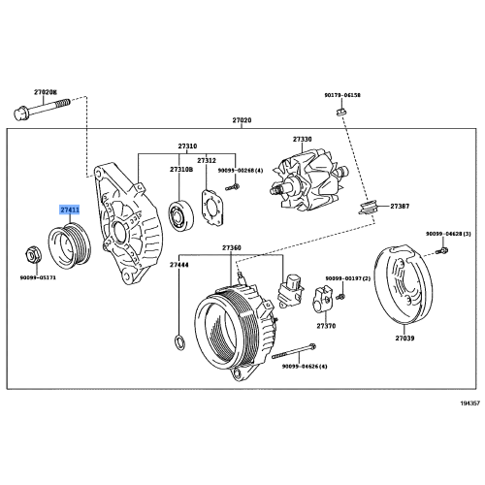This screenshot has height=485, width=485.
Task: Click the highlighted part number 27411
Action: click(70, 210)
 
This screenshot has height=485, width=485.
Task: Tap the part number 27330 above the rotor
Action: click(301, 139)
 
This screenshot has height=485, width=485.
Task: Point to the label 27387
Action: click(400, 207)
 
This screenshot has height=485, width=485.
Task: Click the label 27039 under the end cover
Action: click(404, 339)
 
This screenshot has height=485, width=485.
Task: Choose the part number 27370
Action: click(326, 326)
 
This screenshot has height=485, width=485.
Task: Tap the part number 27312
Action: click(207, 159)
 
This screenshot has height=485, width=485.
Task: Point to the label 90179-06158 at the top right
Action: click(342, 95)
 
